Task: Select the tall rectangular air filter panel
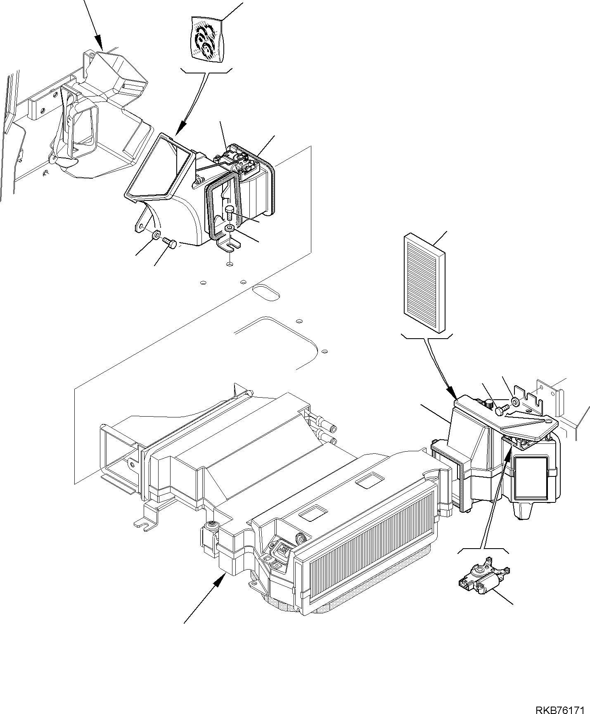click(x=424, y=283)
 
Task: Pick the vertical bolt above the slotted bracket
click(x=230, y=213)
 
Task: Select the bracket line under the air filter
click(x=427, y=337)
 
